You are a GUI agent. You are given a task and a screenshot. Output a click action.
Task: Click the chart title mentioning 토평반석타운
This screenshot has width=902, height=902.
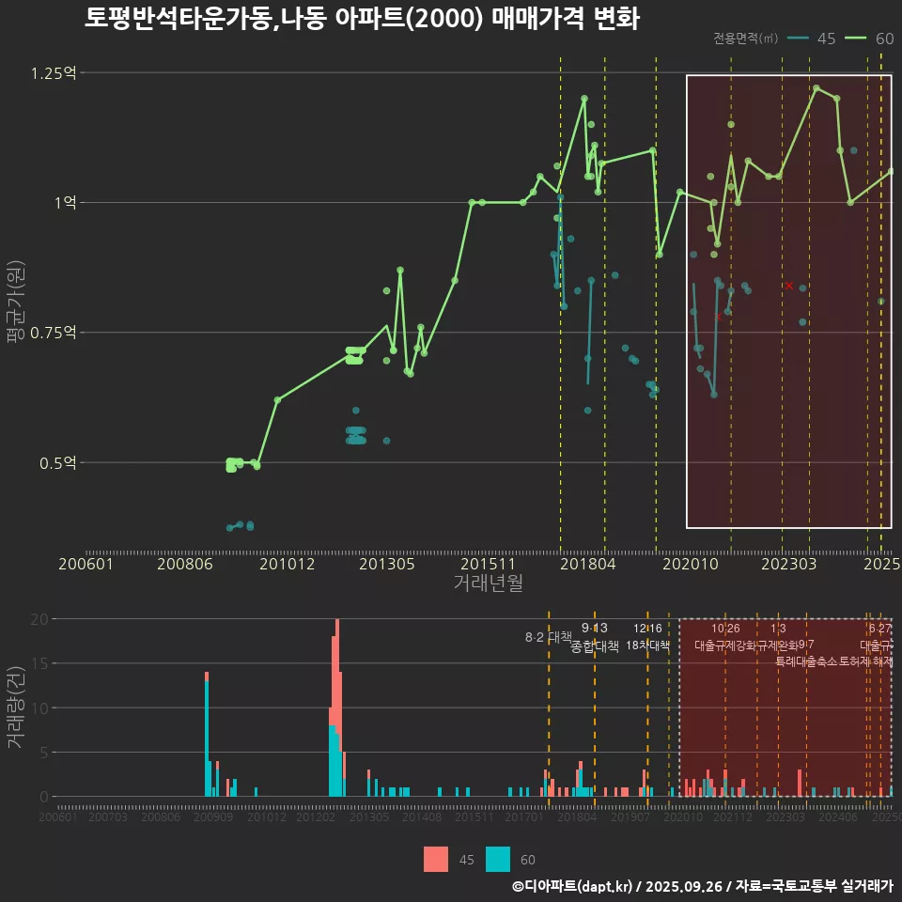(362, 19)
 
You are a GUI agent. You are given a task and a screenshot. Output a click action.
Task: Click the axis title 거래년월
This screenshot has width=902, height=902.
(488, 583)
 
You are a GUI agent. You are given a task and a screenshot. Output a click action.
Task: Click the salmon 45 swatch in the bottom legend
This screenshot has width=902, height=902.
(436, 859)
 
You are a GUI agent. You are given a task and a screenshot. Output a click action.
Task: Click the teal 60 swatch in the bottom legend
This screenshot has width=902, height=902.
(498, 859)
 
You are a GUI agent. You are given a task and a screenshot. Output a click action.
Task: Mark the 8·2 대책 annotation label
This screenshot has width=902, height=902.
(548, 637)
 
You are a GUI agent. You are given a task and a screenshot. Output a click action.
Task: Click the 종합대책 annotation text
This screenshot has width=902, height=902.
(595, 646)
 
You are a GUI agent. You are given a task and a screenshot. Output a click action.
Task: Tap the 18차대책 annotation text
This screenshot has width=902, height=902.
(647, 646)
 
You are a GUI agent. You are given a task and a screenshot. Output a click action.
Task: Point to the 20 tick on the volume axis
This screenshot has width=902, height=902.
(39, 619)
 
